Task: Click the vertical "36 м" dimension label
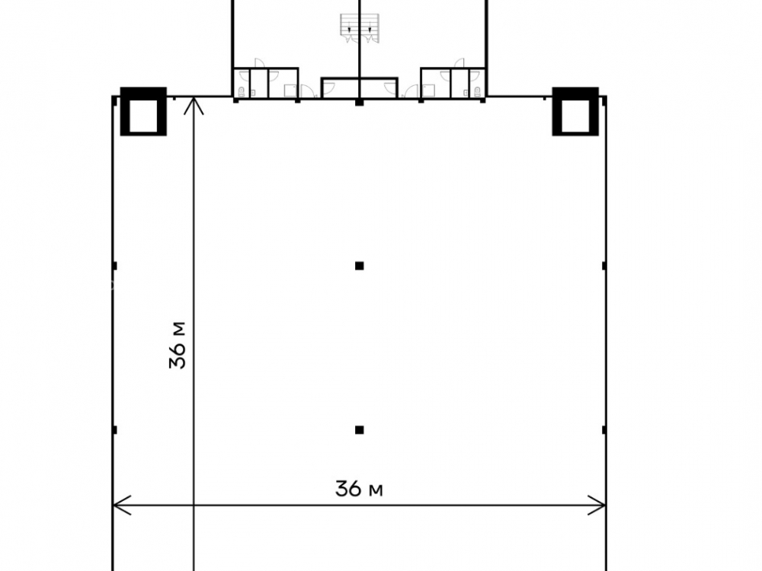click(178, 345)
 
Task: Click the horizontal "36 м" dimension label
click(359, 489)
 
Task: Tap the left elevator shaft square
click(143, 111)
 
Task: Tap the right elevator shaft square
click(575, 111)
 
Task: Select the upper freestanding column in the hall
click(360, 266)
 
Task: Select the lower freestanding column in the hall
click(360, 429)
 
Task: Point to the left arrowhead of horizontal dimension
click(121, 506)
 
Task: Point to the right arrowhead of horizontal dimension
click(597, 506)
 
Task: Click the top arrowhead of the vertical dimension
click(194, 106)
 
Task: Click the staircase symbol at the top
click(360, 28)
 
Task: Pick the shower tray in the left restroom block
click(290, 91)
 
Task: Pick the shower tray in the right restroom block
click(428, 91)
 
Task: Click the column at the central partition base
click(360, 102)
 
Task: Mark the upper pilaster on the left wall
click(115, 266)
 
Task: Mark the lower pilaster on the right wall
click(604, 429)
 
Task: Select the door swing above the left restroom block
click(259, 63)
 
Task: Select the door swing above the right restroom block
click(459, 63)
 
